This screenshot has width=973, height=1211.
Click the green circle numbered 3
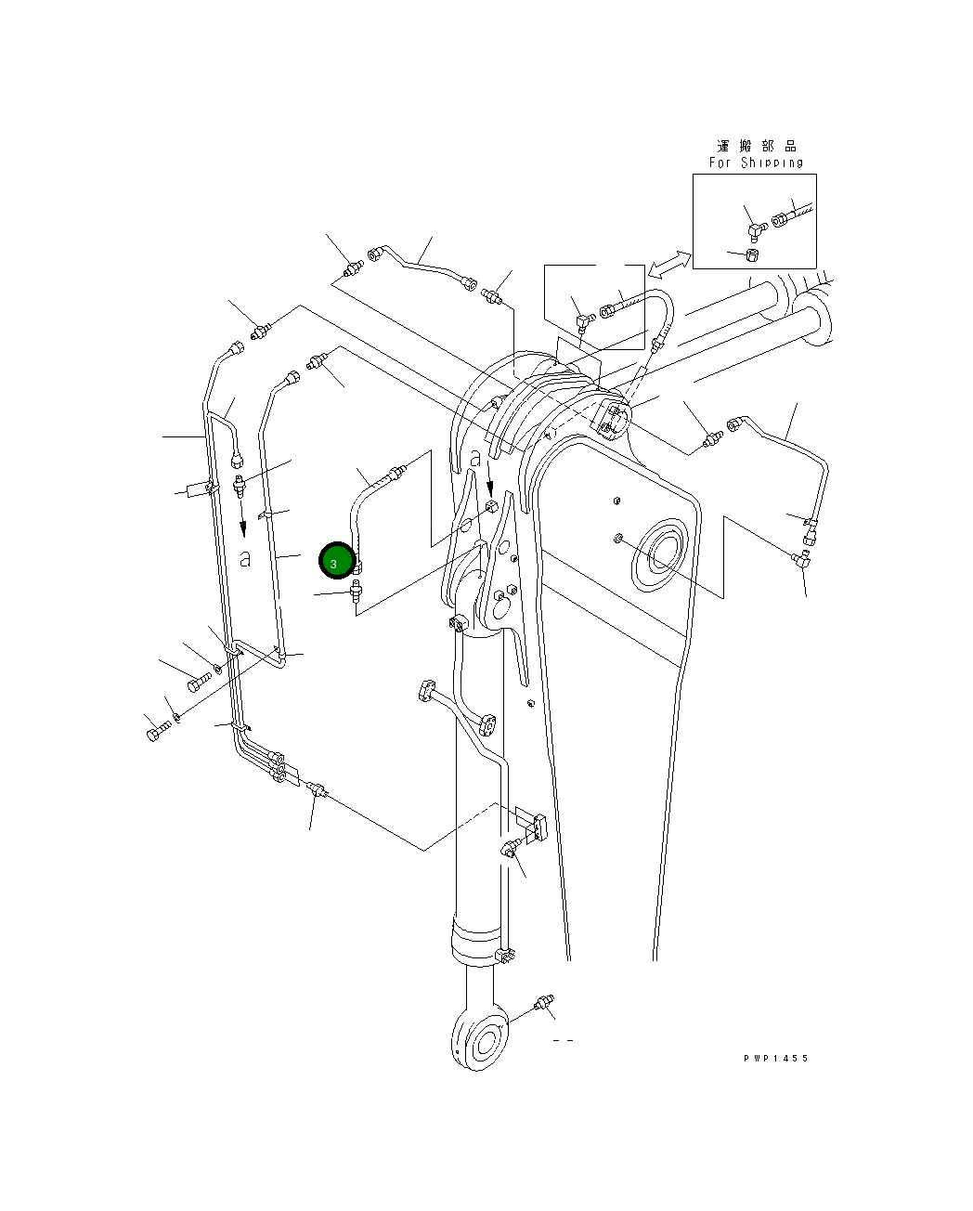(337, 561)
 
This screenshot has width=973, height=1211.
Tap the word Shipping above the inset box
(772, 163)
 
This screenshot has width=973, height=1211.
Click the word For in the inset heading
(720, 163)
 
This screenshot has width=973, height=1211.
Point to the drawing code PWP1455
(775, 1058)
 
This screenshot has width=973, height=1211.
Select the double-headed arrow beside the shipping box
(669, 264)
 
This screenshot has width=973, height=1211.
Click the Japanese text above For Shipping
(757, 147)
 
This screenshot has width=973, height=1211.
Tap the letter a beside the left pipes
(245, 559)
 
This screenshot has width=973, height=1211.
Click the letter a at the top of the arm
(475, 459)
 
